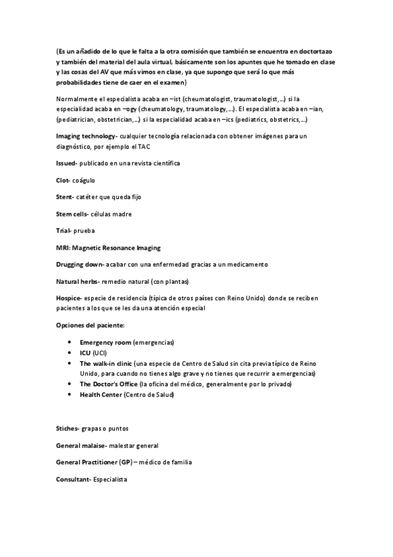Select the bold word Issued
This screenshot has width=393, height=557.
[66, 162]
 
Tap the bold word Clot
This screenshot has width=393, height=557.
[64, 179]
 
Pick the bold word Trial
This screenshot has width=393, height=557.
[64, 231]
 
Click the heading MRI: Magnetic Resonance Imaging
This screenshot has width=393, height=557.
[108, 248]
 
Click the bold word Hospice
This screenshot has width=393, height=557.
[68, 298]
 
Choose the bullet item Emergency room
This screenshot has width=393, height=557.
[105, 343]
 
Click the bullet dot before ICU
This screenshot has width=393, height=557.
[70, 353]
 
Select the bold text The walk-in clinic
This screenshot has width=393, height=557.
[105, 363]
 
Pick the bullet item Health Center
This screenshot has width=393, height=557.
[101, 395]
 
